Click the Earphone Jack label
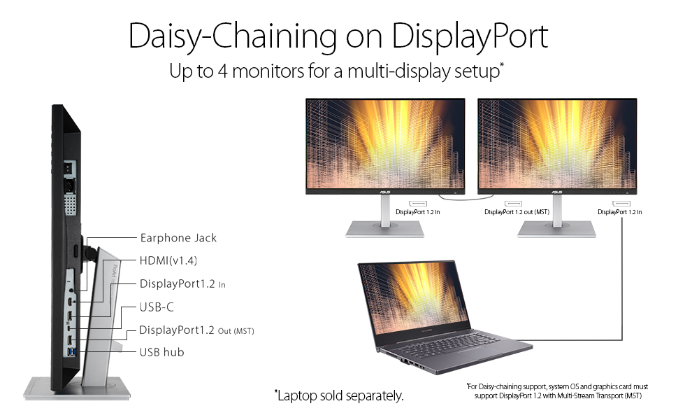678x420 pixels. coord(178,238)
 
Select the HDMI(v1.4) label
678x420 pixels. coord(168,260)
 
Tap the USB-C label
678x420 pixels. coord(157,307)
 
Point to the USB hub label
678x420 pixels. coord(161,353)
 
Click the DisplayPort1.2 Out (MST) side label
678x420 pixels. coord(196,330)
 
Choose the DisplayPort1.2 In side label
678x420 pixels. coord(182,284)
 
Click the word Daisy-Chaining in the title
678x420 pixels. coord(233,36)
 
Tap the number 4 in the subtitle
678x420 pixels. coord(223,71)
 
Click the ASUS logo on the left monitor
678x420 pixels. coord(385,192)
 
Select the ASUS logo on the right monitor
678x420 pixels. coord(557,192)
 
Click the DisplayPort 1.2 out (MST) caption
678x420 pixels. coord(517,211)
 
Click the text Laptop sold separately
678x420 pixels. coord(340,395)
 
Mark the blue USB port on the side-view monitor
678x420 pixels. coord(72,351)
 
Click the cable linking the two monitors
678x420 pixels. coord(466,198)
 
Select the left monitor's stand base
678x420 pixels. coord(384,229)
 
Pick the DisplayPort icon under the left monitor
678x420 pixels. coord(418,204)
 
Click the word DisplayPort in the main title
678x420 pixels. coord(470,36)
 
